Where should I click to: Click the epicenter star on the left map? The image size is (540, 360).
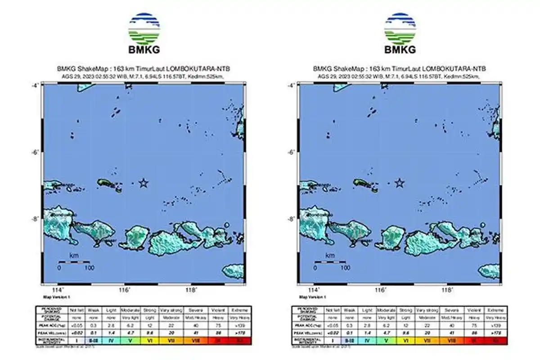click(144, 183)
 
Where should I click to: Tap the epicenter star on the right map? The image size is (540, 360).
click(400, 183)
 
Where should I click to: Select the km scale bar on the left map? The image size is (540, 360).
click(74, 262)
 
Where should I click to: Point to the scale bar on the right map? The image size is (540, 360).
click(330, 262)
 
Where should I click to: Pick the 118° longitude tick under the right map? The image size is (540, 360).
click(447, 290)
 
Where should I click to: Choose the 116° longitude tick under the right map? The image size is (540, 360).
click(380, 290)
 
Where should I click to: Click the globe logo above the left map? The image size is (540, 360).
click(144, 27)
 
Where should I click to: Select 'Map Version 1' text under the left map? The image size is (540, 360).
click(57, 297)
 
